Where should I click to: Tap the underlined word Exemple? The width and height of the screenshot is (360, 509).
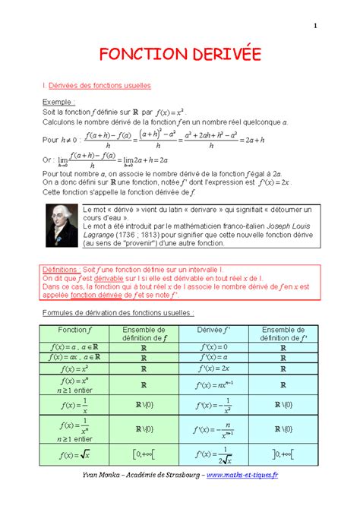58,101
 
